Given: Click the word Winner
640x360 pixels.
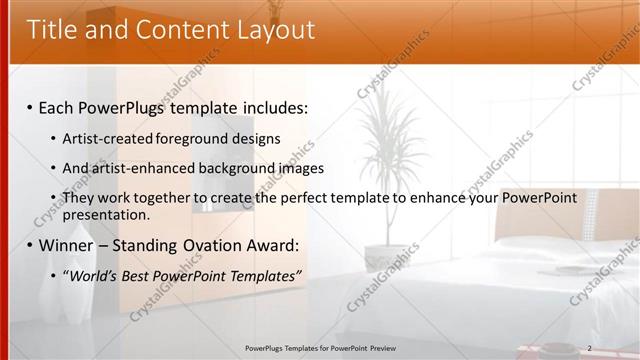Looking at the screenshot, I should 67,245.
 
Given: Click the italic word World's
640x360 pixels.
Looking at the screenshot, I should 94,276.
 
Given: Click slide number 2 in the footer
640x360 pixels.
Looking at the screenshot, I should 589,348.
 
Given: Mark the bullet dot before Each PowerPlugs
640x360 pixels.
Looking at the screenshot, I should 30,107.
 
